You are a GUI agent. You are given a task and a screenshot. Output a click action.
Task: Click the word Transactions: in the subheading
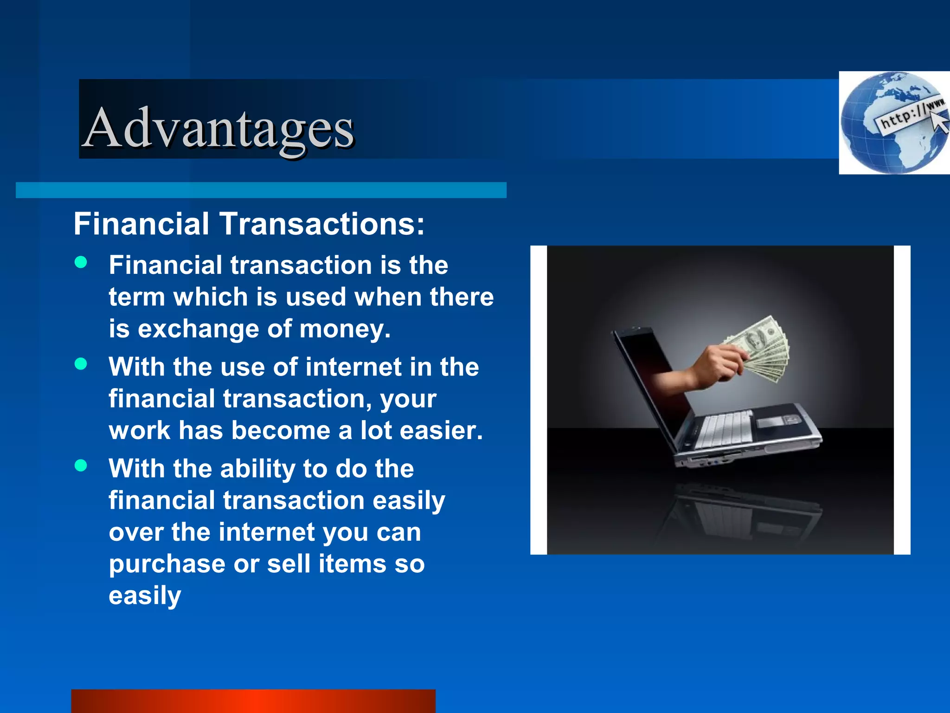[322, 224]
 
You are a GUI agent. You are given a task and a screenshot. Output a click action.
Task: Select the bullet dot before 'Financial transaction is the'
[81, 262]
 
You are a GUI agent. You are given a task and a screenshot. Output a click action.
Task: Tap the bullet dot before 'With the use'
[81, 364]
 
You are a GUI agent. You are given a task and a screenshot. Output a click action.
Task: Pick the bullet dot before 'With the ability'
[81, 466]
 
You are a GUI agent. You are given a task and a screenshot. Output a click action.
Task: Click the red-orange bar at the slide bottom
[253, 700]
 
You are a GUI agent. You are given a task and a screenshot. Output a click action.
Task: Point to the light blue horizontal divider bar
[261, 190]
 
